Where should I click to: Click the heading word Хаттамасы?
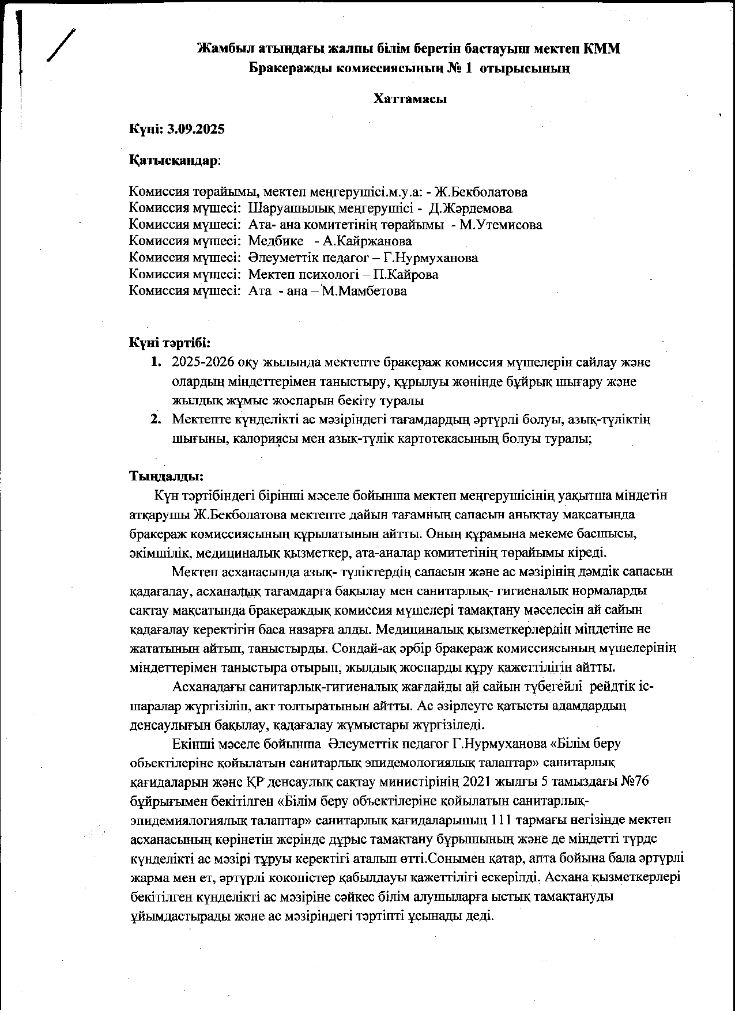(410, 99)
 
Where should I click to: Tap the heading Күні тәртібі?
(169, 343)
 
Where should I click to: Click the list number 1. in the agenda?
(156, 362)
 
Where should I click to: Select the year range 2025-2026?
(207, 362)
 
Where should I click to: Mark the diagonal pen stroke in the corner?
(62, 44)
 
